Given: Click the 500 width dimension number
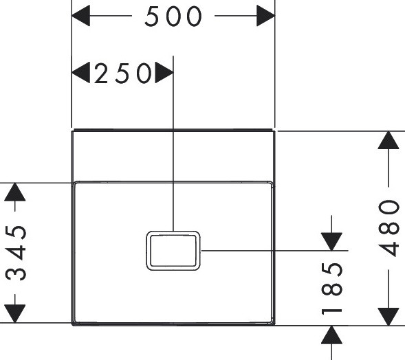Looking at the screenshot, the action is tap(173, 16).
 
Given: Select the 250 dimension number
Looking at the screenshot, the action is tap(122, 74).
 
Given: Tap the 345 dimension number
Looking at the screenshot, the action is tap(16, 253).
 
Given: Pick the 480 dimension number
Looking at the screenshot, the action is tap(388, 228).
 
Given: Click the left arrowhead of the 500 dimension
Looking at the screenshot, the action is tap(80, 16).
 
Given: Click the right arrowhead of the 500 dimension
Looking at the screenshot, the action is tap(266, 16).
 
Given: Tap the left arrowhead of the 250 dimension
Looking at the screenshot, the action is tap(80, 73).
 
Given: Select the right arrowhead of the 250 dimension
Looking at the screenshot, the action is tap(164, 73).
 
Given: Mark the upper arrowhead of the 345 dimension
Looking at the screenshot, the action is tap(15, 192).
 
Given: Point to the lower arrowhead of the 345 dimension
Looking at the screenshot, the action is tap(15, 313).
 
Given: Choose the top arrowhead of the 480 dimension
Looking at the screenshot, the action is tap(388, 140).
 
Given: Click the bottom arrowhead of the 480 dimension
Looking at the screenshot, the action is tap(388, 317).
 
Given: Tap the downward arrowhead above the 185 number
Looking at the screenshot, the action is tap(331, 242).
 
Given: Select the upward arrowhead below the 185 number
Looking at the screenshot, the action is tap(331, 335).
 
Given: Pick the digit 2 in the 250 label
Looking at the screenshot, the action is tap(100, 74).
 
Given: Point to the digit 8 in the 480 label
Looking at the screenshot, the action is tap(389, 227).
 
